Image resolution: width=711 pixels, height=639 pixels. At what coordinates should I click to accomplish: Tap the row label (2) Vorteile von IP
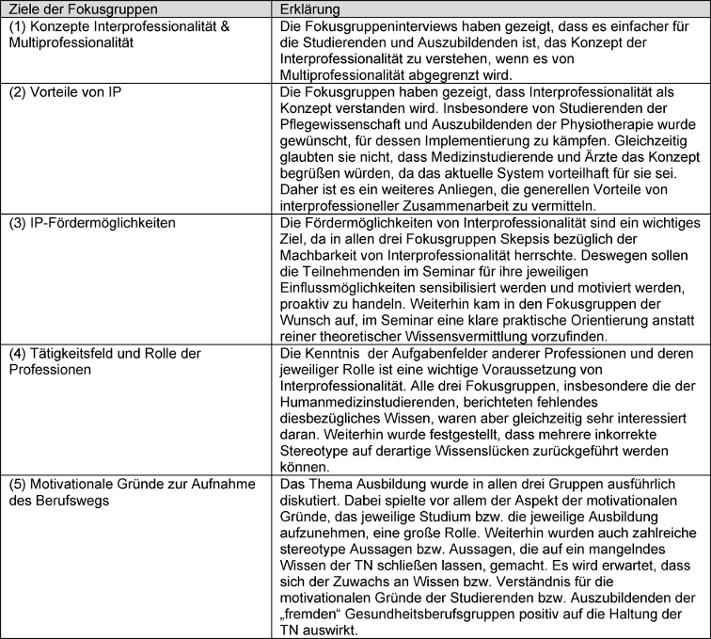tap(65, 94)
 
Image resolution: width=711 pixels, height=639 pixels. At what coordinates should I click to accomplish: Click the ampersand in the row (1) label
tap(214, 25)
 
